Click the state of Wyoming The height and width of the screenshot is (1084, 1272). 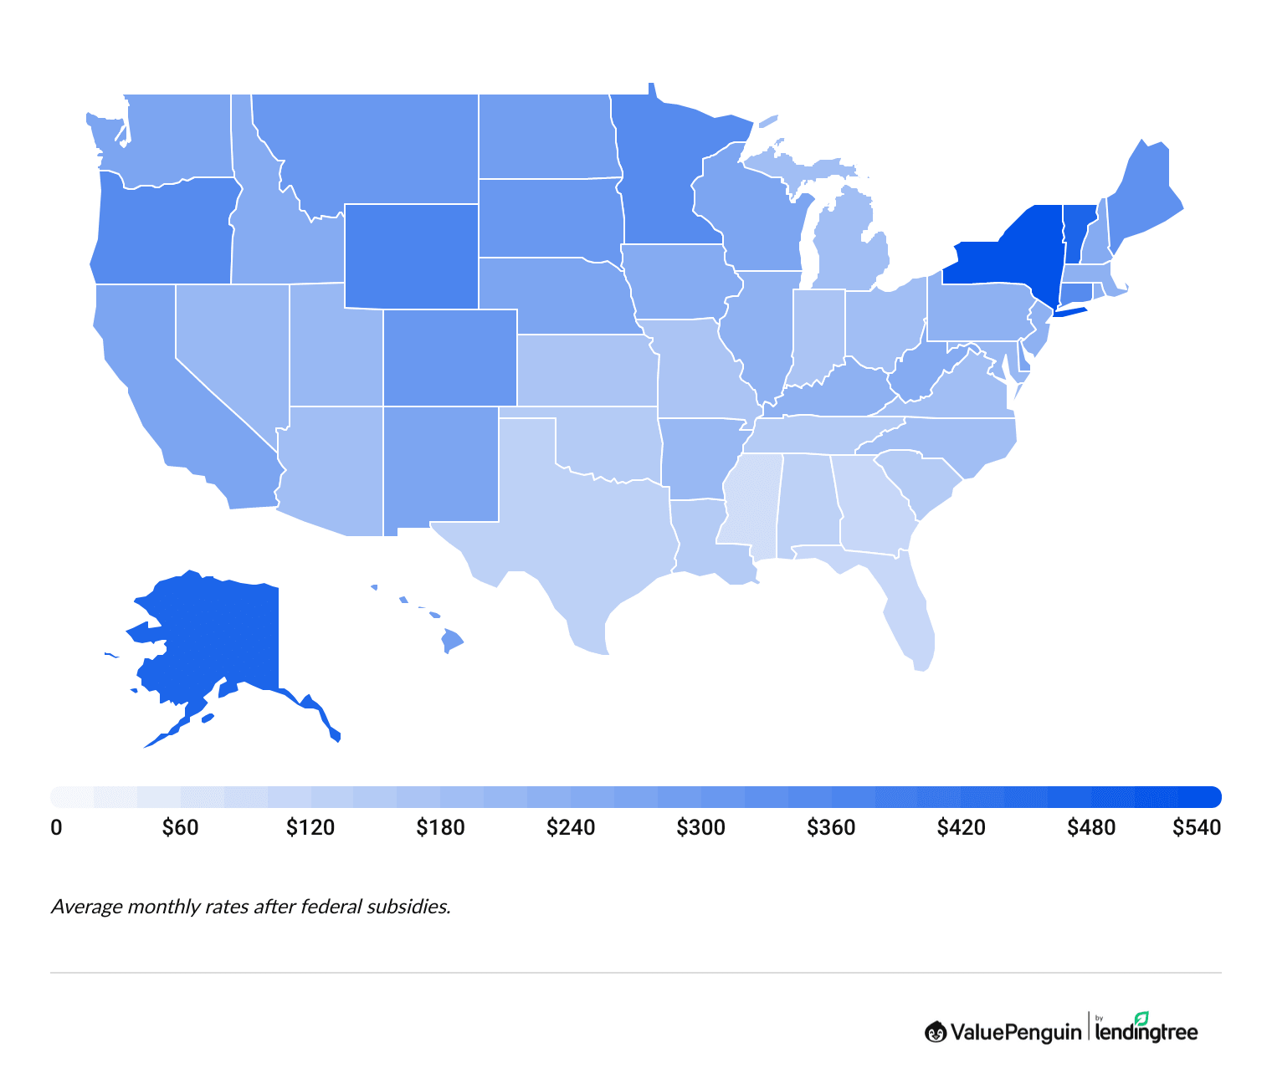[411, 256]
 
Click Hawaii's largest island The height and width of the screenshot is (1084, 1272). [451, 642]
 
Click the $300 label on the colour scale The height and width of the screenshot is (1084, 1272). [700, 828]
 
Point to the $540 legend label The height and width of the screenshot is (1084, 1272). [1196, 828]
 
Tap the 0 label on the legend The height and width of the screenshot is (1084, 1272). [56, 828]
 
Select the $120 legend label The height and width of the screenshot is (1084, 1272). [310, 828]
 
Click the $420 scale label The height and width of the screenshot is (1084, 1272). [961, 828]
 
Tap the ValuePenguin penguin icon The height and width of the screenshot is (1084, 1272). [935, 1032]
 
